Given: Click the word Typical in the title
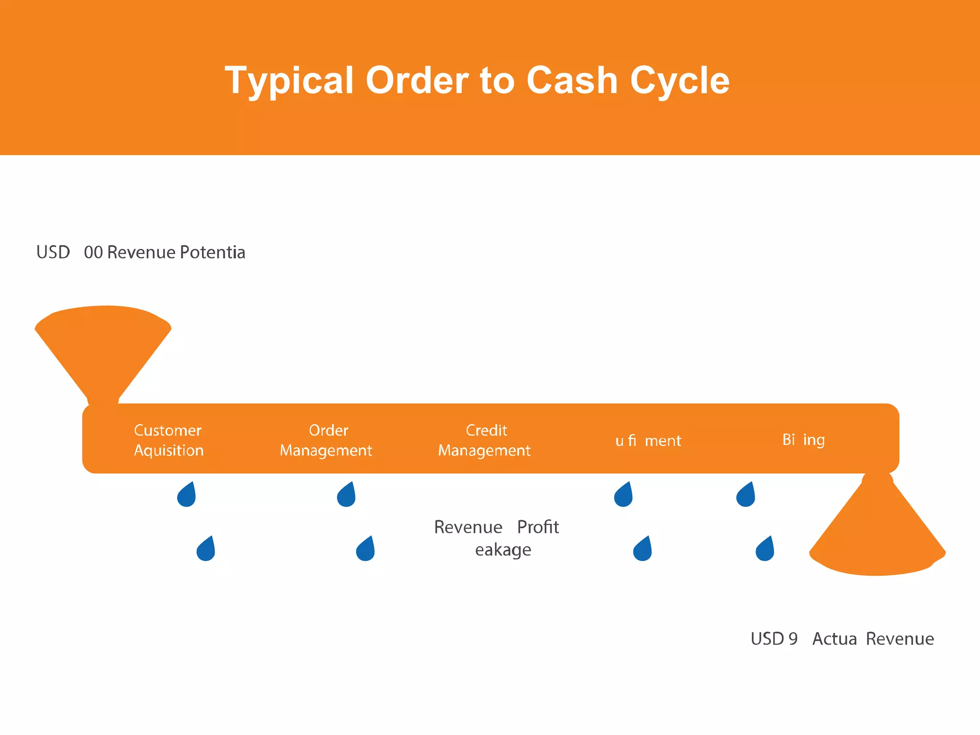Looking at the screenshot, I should click(x=289, y=81).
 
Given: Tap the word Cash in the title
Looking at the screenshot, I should click(x=572, y=80).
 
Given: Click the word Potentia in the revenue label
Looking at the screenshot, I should click(x=212, y=252).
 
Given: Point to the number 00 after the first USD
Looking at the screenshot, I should click(x=93, y=252).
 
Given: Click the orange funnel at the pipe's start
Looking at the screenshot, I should click(x=103, y=349).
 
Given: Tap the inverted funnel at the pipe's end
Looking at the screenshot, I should click(x=877, y=531).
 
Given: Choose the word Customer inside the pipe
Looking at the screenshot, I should click(x=167, y=430).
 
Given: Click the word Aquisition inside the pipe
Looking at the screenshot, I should click(x=168, y=450).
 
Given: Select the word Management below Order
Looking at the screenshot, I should click(x=326, y=450).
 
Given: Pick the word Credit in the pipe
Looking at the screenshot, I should click(x=486, y=430).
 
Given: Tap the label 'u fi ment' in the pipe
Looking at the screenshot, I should click(x=648, y=440).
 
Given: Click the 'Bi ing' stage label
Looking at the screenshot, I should click(x=803, y=439).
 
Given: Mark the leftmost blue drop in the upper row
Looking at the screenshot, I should click(x=187, y=495).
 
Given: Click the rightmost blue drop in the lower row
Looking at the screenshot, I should click(x=765, y=549).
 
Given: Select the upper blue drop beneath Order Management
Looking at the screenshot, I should click(x=346, y=495).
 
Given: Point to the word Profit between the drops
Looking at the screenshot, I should click(x=538, y=527).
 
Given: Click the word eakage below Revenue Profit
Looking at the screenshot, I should click(x=503, y=550).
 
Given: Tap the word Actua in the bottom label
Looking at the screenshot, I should click(x=835, y=639).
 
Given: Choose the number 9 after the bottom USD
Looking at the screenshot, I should click(x=793, y=639).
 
